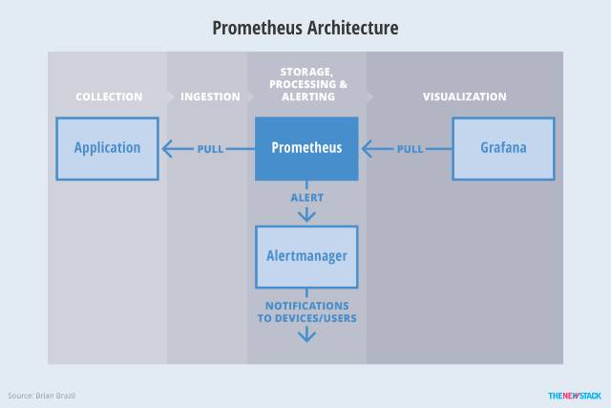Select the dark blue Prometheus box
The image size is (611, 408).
coord(306,149)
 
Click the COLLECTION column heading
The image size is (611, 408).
coord(109,97)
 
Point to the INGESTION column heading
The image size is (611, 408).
coord(210,97)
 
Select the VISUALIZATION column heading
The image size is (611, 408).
coord(465,97)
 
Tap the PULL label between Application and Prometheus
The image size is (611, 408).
coord(210,149)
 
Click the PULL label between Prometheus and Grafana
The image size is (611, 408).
coord(410,149)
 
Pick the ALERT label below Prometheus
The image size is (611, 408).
coord(307,198)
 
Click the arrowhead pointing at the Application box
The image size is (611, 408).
coord(167,149)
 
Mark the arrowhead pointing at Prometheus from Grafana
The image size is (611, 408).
coord(367,149)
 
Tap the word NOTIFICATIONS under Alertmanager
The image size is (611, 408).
coord(307,306)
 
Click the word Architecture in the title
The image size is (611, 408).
coord(352,28)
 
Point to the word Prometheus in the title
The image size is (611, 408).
coord(257,28)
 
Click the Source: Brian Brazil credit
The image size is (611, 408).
coord(41,396)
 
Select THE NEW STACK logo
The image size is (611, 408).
coord(575,396)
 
